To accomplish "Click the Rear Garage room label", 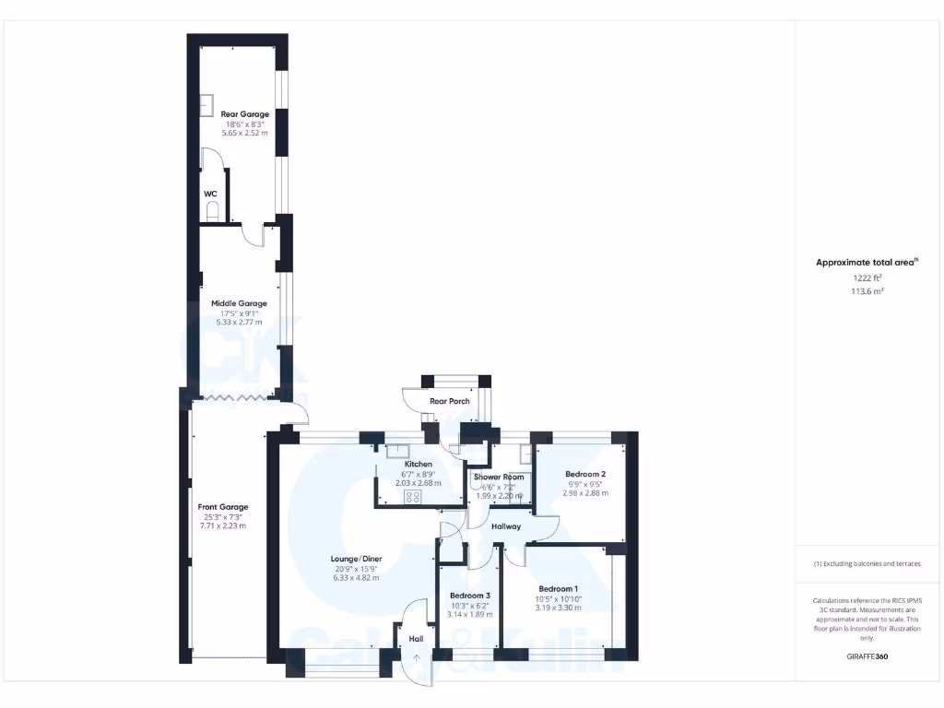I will coord(244,114).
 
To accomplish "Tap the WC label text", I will coord(210,194).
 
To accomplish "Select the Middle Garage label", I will coord(239,303).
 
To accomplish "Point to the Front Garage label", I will coord(223,507).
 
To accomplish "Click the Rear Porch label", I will coord(450,401).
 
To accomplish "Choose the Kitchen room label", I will coord(418,464).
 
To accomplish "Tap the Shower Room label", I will coord(499,477).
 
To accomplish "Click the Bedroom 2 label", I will coord(585,474).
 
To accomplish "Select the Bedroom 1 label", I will coord(559,589).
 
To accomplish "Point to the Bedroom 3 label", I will coord(469,595).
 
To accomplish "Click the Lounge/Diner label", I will coord(355,558).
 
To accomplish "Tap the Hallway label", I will coord(506,526).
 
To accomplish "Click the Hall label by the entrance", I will coord(416,638).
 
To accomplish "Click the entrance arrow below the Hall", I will coord(417,657).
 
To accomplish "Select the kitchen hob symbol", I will coord(412,496).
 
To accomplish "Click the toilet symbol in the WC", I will coord(214,212).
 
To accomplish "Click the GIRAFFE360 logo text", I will coord(867,657).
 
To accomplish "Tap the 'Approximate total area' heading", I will coord(865,263).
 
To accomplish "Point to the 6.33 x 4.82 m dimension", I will coord(355,578).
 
